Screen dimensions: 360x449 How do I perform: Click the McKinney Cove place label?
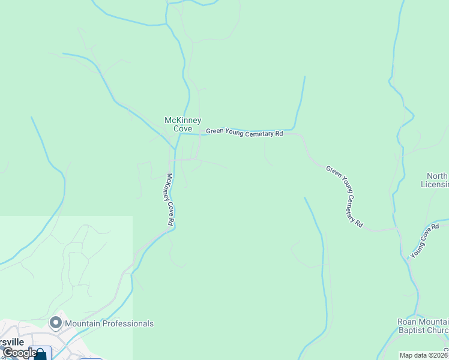[x=182, y=124]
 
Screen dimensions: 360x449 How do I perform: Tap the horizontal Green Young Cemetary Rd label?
[x=244, y=133]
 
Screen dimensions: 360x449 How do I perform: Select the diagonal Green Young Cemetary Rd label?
[x=345, y=196]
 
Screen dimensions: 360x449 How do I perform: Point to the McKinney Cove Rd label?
[x=170, y=199]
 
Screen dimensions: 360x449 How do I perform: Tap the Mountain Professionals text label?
[x=109, y=323]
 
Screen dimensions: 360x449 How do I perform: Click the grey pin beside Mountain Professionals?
[x=56, y=323]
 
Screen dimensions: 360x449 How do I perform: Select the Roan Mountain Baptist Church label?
[x=423, y=326]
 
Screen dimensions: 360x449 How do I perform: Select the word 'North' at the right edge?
[x=437, y=176]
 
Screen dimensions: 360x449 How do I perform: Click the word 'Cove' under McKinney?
[x=182, y=128]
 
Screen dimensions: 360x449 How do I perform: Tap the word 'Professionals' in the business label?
[x=128, y=323]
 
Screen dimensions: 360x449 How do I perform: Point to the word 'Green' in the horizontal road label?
[x=215, y=131]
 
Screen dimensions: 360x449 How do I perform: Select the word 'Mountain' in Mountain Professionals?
[x=82, y=323]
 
